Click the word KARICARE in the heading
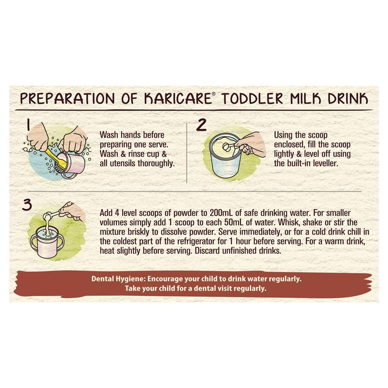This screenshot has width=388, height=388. (178, 98)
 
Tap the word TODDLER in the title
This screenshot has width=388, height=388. (252, 98)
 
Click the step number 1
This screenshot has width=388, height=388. (29, 125)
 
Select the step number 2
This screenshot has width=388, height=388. (201, 125)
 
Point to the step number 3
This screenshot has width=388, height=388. (27, 205)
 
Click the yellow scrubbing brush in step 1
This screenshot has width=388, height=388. (56, 159)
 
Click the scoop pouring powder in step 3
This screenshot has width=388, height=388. (51, 215)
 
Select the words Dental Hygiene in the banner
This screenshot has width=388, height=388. (117, 279)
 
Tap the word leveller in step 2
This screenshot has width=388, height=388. (325, 163)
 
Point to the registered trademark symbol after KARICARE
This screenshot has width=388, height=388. (214, 94)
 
